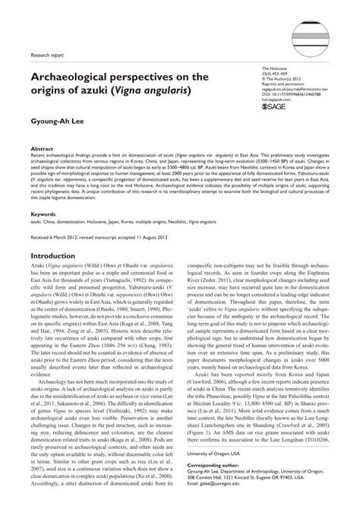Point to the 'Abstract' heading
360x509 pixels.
[x=41, y=150]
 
